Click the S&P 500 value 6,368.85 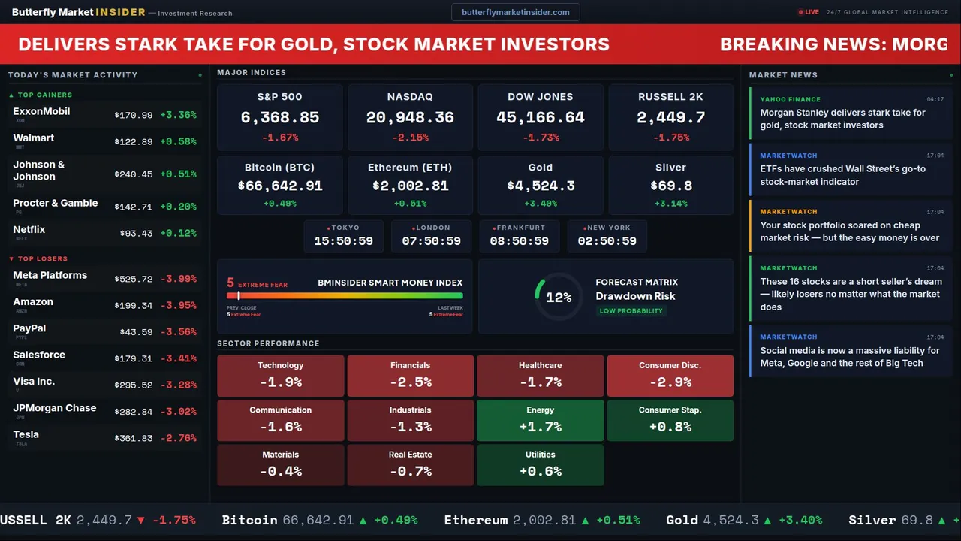pyautogui.click(x=279, y=118)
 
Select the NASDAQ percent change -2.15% pyautogui.click(x=410, y=138)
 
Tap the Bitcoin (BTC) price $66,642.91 pyautogui.click(x=279, y=186)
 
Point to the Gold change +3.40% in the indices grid pyautogui.click(x=540, y=204)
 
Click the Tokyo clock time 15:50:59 pyautogui.click(x=343, y=241)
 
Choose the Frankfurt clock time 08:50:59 pyautogui.click(x=519, y=241)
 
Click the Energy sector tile pyautogui.click(x=540, y=420)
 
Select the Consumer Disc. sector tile pyautogui.click(x=670, y=376)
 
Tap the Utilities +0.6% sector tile pyautogui.click(x=540, y=464)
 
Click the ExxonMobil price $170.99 pyautogui.click(x=134, y=116)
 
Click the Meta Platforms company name pyautogui.click(x=50, y=276)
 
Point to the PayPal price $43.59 pyautogui.click(x=136, y=332)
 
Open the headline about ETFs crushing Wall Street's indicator pyautogui.click(x=842, y=175)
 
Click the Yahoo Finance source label pyautogui.click(x=790, y=99)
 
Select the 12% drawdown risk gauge pyautogui.click(x=558, y=298)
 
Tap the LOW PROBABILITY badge pyautogui.click(x=631, y=311)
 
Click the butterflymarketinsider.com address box pyautogui.click(x=515, y=12)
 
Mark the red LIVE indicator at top pyautogui.click(x=809, y=12)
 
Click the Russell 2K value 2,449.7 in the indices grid pyautogui.click(x=670, y=118)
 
